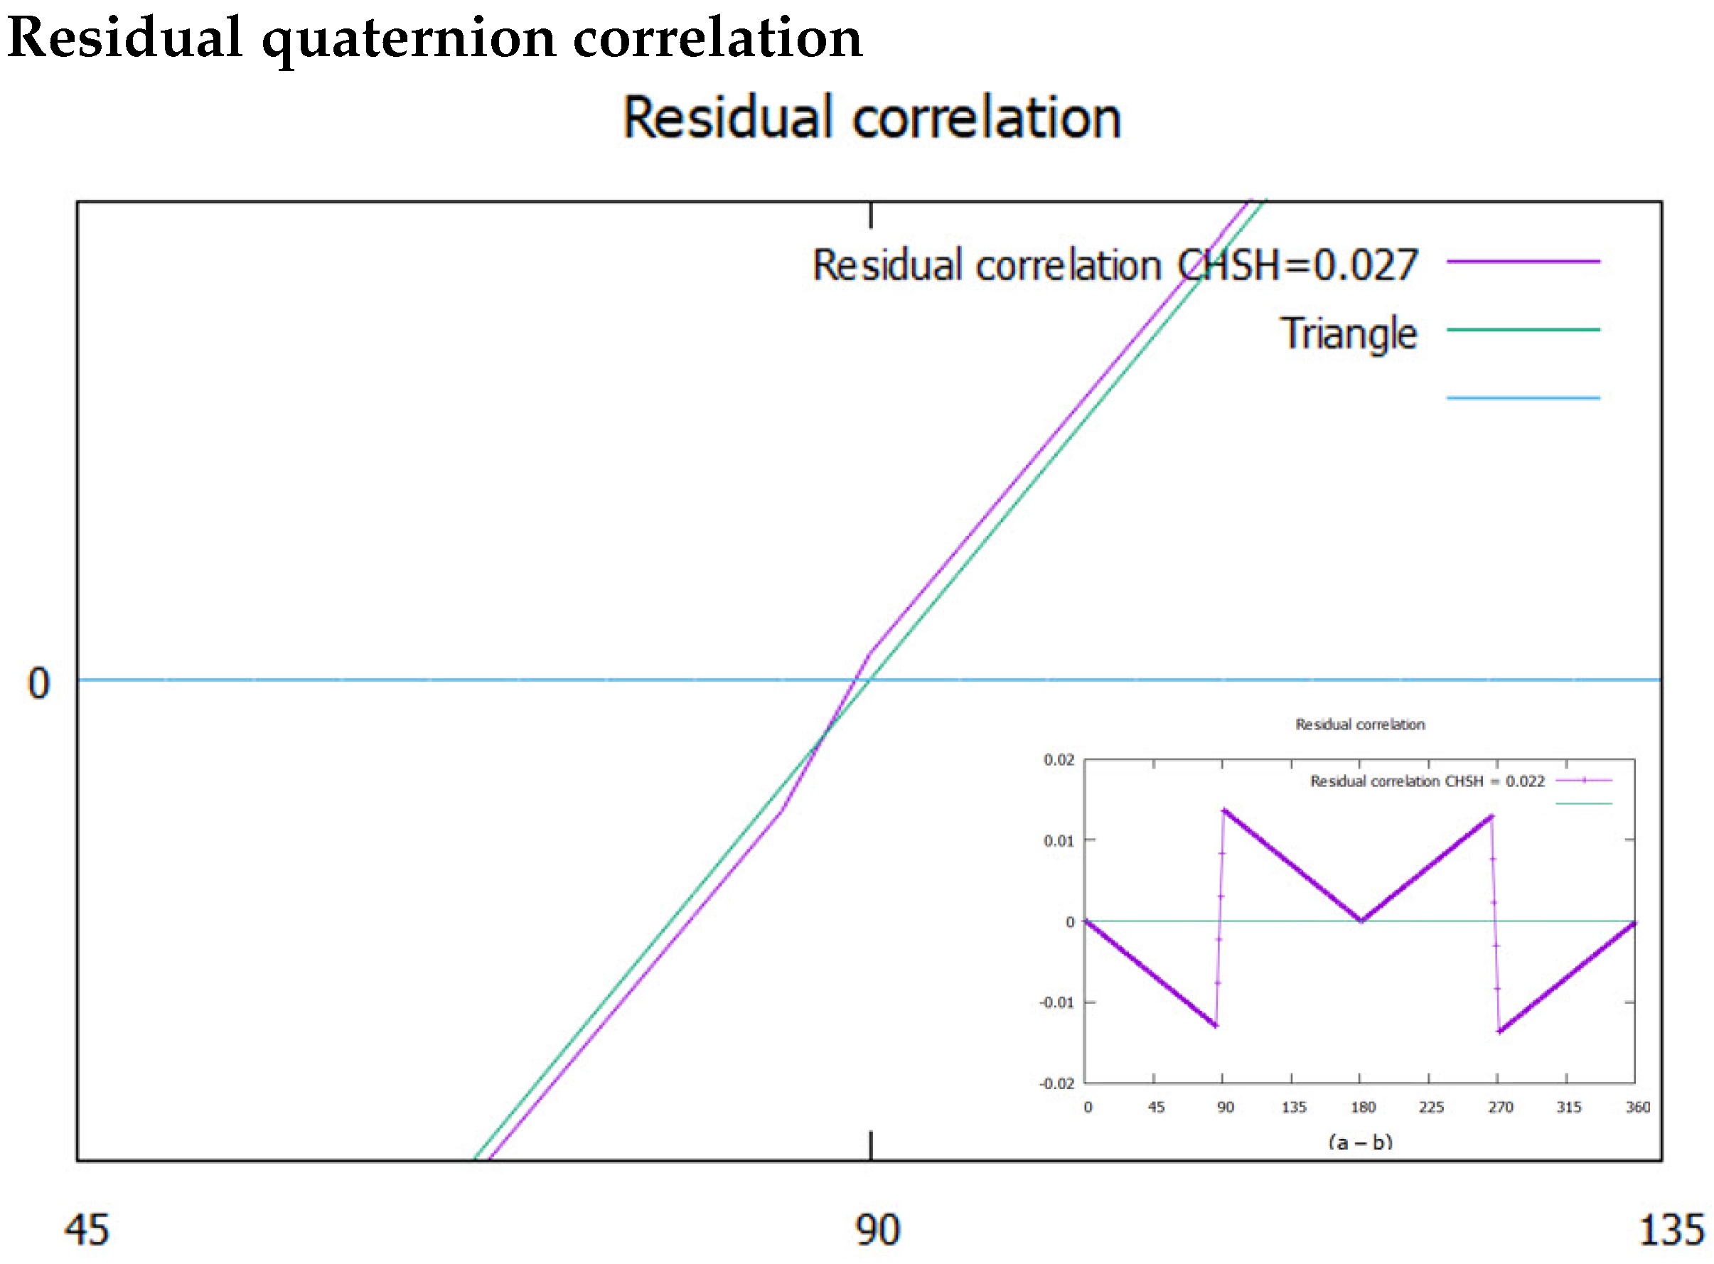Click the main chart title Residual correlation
(x=872, y=119)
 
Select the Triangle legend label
(x=1349, y=333)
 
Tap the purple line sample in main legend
(x=1523, y=262)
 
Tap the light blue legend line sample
(x=1523, y=398)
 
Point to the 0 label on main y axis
(x=38, y=683)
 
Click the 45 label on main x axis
(x=86, y=1230)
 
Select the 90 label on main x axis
(x=877, y=1230)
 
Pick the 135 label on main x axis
(x=1671, y=1230)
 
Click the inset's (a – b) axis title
(x=1360, y=1142)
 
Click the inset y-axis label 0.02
(x=1059, y=760)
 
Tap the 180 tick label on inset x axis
(x=1363, y=1107)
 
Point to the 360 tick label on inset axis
(x=1637, y=1107)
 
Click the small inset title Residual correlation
(x=1360, y=724)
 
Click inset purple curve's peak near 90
(x=1224, y=810)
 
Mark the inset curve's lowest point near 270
(x=1500, y=1032)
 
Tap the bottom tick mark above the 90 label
(x=871, y=1145)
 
